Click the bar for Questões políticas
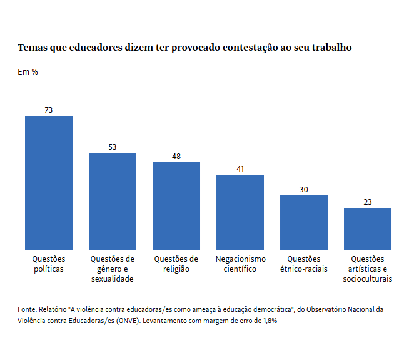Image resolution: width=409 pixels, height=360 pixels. pyautogui.click(x=49, y=183)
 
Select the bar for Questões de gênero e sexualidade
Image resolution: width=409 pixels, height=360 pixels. pyautogui.click(x=113, y=201)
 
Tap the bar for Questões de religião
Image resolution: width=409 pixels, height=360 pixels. pyautogui.click(x=176, y=206)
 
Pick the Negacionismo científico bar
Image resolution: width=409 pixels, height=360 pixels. pyautogui.click(x=240, y=212)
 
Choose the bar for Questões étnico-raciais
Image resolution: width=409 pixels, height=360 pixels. pyautogui.click(x=304, y=222)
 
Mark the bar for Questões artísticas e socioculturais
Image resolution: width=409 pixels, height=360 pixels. pyautogui.click(x=368, y=229)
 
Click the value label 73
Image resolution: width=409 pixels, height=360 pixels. pyautogui.click(x=49, y=110)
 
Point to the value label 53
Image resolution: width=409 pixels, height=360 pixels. pyautogui.click(x=113, y=147)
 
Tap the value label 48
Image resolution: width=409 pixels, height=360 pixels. pyautogui.click(x=176, y=157)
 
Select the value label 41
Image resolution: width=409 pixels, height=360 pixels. pyautogui.click(x=240, y=169)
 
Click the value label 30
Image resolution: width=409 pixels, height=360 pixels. pyautogui.click(x=304, y=190)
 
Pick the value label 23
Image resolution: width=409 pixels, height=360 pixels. pyautogui.click(x=368, y=202)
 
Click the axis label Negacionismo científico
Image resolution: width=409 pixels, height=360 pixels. pyautogui.click(x=240, y=264)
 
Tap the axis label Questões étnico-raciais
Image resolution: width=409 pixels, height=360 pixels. pyautogui.click(x=304, y=264)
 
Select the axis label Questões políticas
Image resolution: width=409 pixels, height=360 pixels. pyautogui.click(x=49, y=264)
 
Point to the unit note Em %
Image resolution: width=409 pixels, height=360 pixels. pyautogui.click(x=28, y=72)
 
